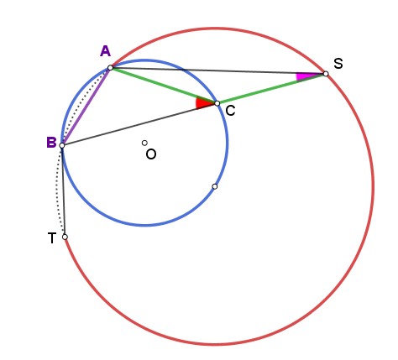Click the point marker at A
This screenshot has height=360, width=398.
[x=110, y=68]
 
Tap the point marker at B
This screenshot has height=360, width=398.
[x=62, y=145]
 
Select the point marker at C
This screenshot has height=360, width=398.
[x=217, y=103]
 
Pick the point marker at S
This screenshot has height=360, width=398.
[x=326, y=74]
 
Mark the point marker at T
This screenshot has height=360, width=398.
[x=65, y=237]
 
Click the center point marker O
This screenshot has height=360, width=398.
[x=144, y=143]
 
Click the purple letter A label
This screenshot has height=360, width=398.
[x=105, y=51]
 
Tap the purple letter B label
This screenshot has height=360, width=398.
[x=51, y=143]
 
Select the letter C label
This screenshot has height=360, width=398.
[x=230, y=111]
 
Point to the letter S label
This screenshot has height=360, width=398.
[x=338, y=64]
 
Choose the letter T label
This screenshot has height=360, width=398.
[x=52, y=238]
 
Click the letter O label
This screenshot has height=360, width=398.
[x=151, y=154]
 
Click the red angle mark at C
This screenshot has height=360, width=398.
[x=202, y=102]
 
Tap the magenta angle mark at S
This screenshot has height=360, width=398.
[x=306, y=76]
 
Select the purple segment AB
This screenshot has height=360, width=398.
[x=86, y=107]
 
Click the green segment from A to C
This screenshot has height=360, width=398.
[x=164, y=86]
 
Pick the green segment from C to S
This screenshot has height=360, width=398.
[x=271, y=89]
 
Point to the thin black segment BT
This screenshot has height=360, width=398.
[x=64, y=191]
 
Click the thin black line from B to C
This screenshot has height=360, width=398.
[x=139, y=124]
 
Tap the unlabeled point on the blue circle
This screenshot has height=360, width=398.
[x=215, y=186]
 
